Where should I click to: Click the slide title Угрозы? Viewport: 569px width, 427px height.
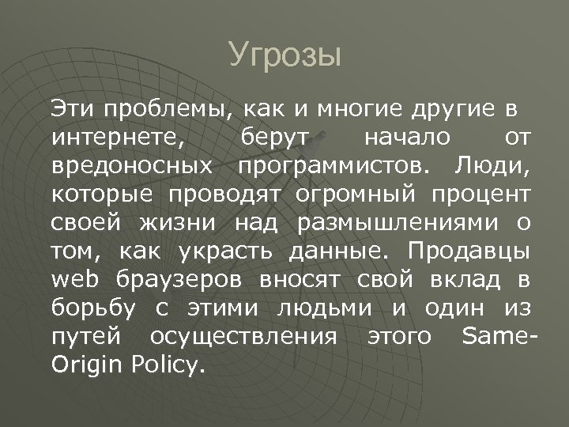coord(284,56)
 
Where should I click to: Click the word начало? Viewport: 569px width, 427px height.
coord(408,139)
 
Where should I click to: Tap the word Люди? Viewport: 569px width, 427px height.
coord(496,167)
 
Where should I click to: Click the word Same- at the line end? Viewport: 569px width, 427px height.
coord(499,338)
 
